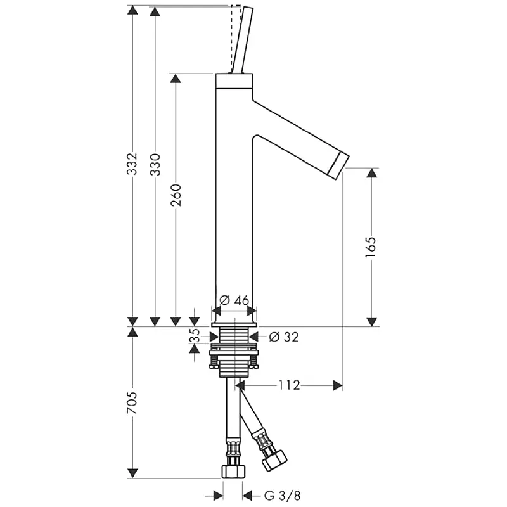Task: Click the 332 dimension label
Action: click(x=132, y=164)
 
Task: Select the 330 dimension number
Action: click(x=155, y=165)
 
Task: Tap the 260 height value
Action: click(x=176, y=195)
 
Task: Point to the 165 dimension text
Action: click(x=371, y=247)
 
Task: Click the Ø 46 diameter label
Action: click(x=234, y=300)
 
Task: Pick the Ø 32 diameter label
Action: click(x=283, y=337)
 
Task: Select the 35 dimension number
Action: click(x=195, y=336)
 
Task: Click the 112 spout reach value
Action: click(x=290, y=385)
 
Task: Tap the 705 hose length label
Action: click(x=132, y=403)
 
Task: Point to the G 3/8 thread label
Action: click(x=283, y=496)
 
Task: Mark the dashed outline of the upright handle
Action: click(x=236, y=39)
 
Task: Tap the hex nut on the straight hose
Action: click(x=233, y=472)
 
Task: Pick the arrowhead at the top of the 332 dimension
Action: click(x=132, y=10)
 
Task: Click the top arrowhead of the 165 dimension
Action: click(x=372, y=172)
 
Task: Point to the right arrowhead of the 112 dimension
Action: click(x=338, y=385)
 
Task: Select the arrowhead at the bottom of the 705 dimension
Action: click(x=132, y=473)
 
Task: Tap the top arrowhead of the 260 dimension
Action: click(x=176, y=79)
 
